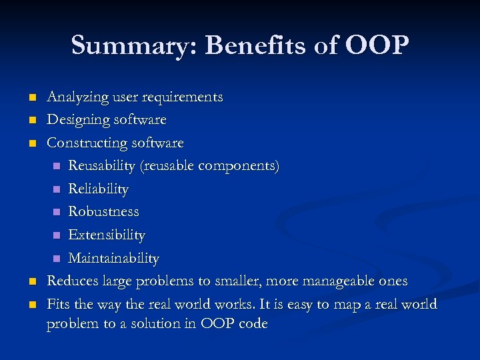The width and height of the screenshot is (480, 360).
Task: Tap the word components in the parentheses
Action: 237,165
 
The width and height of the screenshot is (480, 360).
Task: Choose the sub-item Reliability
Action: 98,189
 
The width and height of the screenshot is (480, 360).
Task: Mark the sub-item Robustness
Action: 103,211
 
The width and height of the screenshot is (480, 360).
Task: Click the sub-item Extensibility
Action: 106,235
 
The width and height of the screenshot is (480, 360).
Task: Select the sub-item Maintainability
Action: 113,258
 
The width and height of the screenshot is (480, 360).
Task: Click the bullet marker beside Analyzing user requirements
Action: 31,98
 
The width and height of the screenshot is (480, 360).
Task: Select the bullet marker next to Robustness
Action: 57,212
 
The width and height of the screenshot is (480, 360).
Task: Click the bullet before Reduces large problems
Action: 31,281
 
